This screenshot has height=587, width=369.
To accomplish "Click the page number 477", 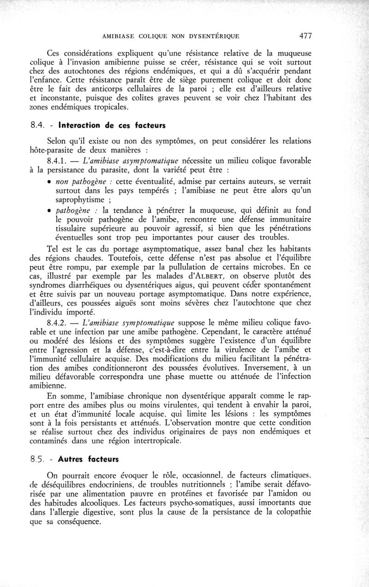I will pyautogui.click(x=306, y=35).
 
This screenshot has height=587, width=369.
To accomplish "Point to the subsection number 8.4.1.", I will pyautogui.click(x=58, y=161).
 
